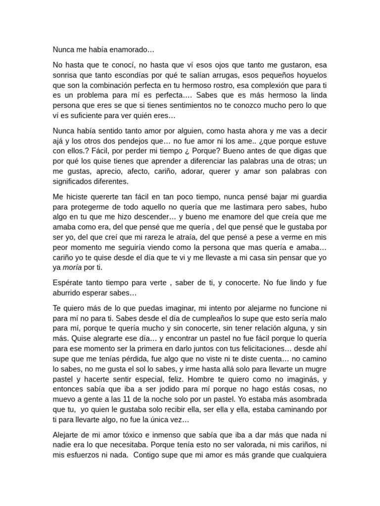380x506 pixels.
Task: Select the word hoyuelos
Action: pyautogui.click(x=310, y=75)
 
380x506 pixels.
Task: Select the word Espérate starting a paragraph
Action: pyautogui.click(x=68, y=283)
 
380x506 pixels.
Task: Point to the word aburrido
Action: pyautogui.click(x=69, y=293)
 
